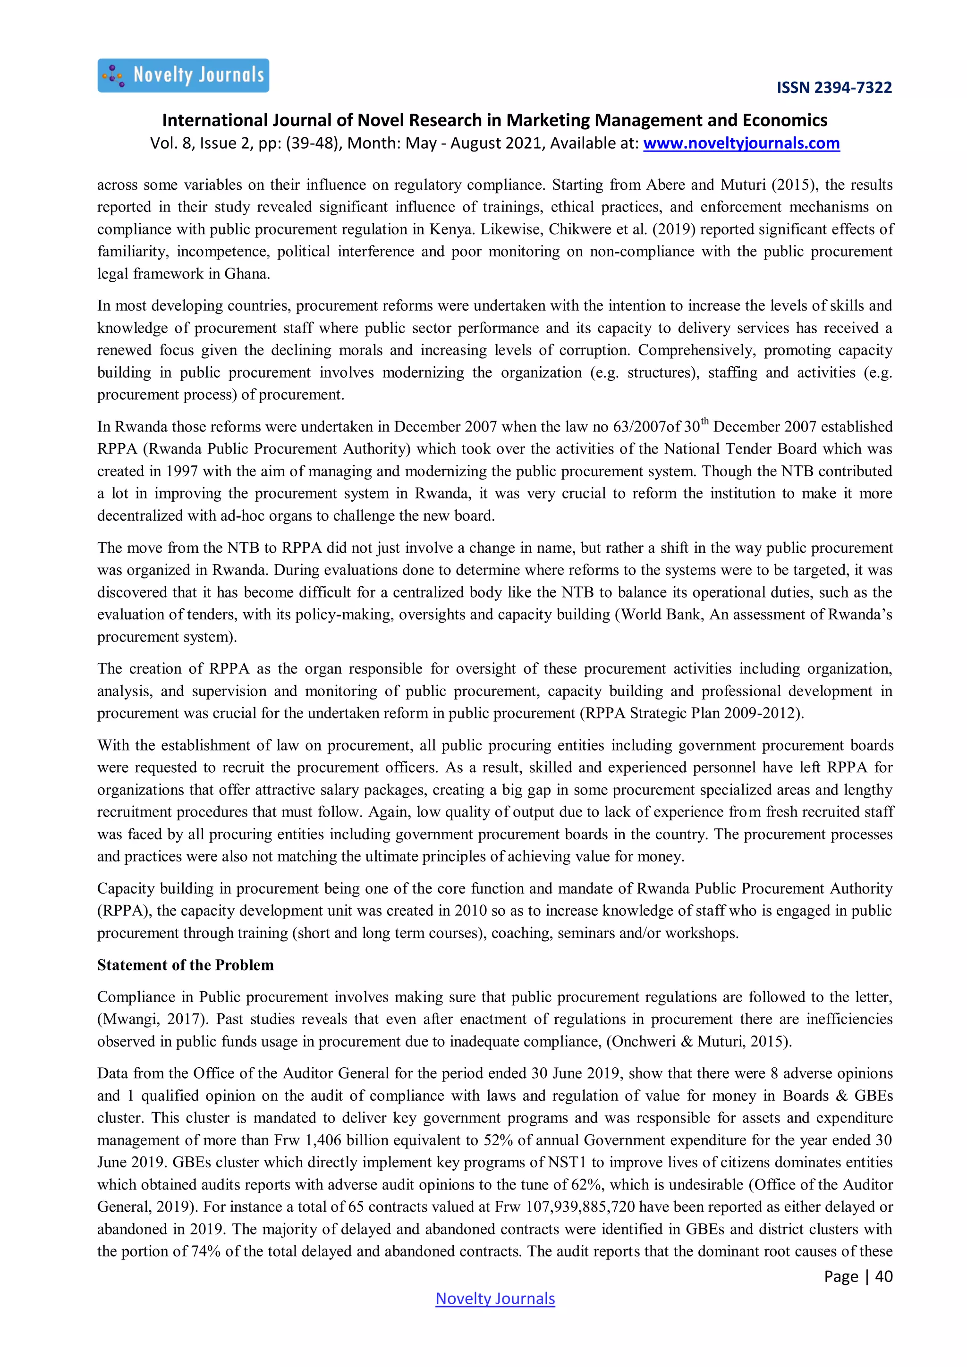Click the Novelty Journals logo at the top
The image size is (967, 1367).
(183, 76)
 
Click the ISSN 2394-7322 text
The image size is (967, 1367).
(834, 87)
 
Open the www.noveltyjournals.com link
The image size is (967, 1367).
(741, 143)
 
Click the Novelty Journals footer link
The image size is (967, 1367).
(495, 1299)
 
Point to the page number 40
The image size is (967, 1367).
(883, 1276)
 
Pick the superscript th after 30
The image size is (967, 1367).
(705, 422)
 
